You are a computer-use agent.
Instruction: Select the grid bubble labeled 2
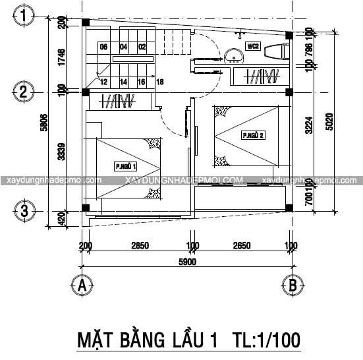(x=23, y=91)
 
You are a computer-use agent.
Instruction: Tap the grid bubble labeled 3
(x=23, y=212)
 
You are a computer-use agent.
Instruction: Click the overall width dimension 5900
(x=186, y=261)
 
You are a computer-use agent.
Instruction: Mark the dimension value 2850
(x=139, y=246)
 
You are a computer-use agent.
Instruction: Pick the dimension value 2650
(x=241, y=246)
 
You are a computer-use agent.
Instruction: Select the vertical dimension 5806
(x=43, y=123)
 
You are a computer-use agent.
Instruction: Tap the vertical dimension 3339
(x=61, y=152)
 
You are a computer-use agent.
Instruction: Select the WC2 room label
(x=253, y=47)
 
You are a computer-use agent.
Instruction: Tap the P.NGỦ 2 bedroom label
(x=253, y=136)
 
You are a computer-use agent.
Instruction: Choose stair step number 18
(x=160, y=82)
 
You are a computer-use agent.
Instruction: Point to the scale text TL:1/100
(x=267, y=340)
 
